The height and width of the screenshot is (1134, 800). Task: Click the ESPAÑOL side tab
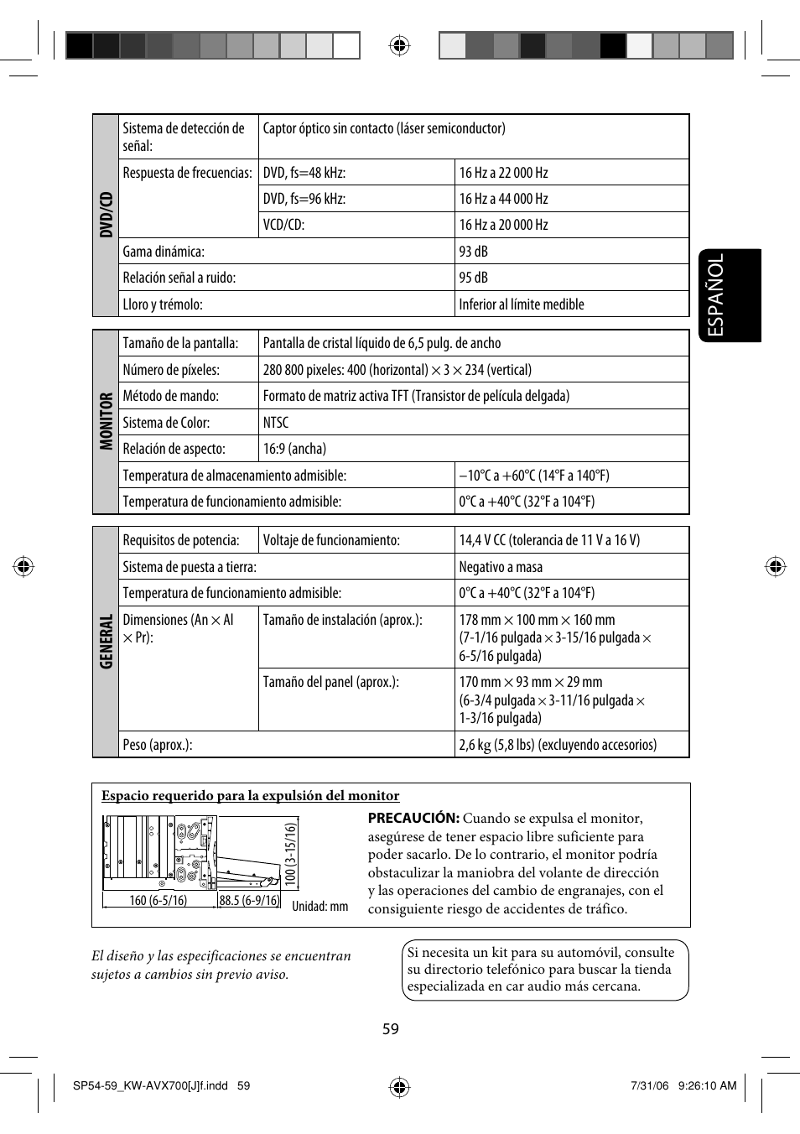tap(729, 295)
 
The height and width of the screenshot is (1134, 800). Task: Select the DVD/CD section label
tap(106, 215)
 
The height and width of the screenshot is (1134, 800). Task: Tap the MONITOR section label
tap(106, 421)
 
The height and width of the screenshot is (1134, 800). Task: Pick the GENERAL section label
tap(106, 642)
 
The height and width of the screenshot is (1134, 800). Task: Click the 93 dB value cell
tap(473, 252)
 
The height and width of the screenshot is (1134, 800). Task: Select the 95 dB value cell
tap(473, 278)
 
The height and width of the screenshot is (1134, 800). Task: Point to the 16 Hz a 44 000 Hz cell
tap(503, 199)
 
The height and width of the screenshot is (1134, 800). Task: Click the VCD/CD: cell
tap(283, 225)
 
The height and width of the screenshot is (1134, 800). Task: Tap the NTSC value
tap(276, 423)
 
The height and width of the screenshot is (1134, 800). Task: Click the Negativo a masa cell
tap(501, 567)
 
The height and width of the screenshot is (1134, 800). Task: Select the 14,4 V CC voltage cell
tap(549, 540)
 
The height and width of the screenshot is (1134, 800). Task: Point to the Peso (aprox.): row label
tap(158, 745)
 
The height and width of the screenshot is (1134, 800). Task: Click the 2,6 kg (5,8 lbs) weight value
tap(558, 745)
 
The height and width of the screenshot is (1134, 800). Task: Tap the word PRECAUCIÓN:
tap(413, 818)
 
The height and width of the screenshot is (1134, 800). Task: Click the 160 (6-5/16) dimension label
tap(158, 900)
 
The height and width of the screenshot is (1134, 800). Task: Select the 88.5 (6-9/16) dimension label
tap(249, 900)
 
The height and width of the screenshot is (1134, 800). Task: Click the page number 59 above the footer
tap(391, 1029)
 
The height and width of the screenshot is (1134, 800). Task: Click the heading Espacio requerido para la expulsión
tap(250, 796)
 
